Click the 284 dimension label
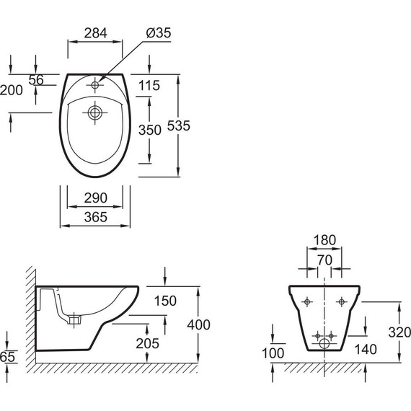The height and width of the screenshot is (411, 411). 96,33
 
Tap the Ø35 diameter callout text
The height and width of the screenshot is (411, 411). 159,33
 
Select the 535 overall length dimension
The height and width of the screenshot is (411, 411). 179,125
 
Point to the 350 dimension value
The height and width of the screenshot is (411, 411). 150,130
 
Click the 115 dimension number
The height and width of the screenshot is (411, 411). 149,86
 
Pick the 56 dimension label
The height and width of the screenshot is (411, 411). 36,80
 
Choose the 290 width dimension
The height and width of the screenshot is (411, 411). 96,198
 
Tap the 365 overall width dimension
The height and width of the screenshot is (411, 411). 96,217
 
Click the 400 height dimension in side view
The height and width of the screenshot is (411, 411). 199,324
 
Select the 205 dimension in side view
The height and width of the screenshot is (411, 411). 148,343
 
